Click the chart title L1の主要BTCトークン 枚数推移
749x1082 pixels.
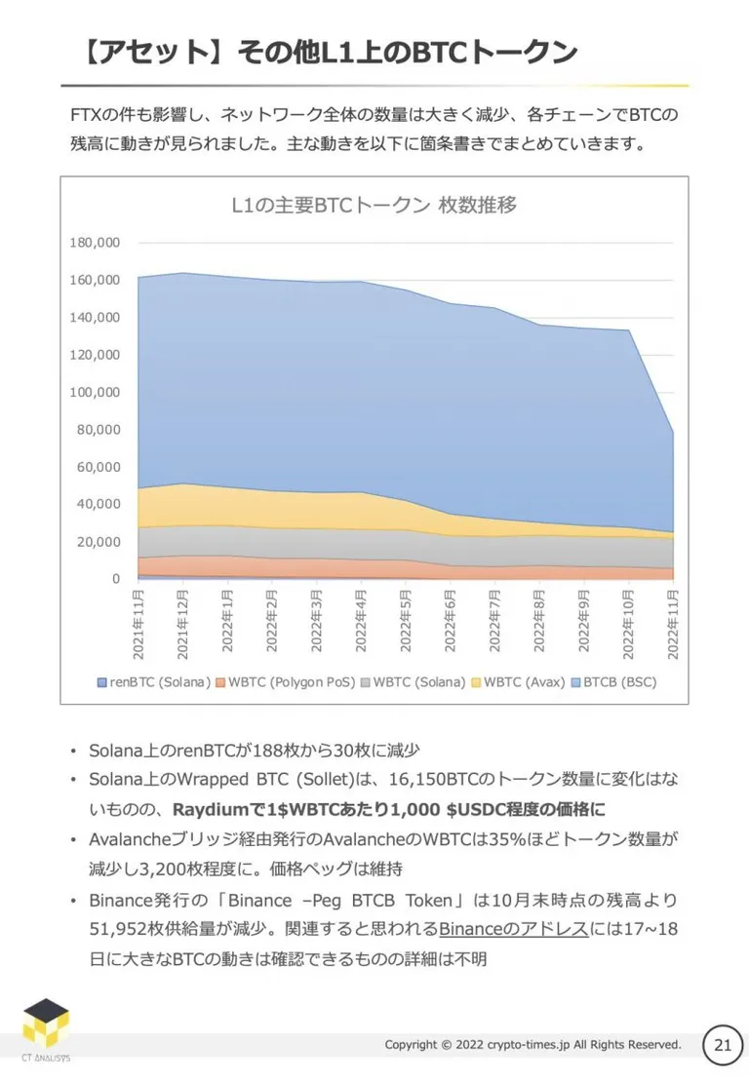(374, 205)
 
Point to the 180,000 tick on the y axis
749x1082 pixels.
(95, 243)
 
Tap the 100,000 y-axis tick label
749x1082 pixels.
(95, 392)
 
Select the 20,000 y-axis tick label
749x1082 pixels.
(99, 542)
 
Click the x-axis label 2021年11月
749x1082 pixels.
(138, 624)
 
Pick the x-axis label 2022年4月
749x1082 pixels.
(361, 621)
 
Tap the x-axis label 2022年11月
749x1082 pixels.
(673, 624)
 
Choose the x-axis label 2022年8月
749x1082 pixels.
(539, 621)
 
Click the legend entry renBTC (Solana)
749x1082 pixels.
(154, 682)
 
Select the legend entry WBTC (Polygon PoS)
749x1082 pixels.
(286, 682)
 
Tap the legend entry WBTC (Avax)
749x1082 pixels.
(519, 682)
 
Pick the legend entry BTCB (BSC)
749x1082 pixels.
(613, 682)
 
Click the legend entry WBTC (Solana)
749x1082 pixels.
(414, 682)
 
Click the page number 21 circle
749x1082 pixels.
(723, 1045)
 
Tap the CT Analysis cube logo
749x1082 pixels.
(46, 1024)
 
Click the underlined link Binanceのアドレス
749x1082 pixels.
(514, 929)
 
